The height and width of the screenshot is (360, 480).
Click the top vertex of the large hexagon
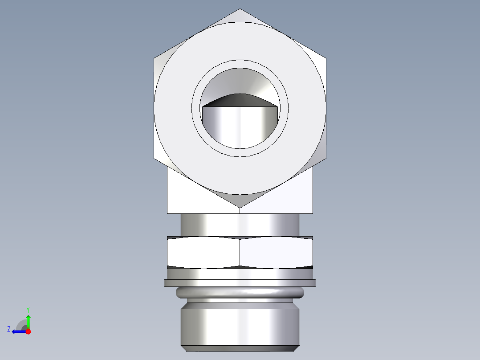click(240, 9)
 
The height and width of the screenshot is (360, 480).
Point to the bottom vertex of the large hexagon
click(240, 207)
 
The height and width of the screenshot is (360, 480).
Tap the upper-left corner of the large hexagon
click(155, 57)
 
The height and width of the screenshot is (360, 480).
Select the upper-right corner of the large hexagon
click(325, 57)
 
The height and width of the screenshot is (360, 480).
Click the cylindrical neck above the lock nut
click(240, 225)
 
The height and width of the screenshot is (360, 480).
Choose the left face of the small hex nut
click(203, 253)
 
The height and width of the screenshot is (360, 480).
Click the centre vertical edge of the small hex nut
click(240, 253)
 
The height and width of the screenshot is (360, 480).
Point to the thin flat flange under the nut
click(240, 283)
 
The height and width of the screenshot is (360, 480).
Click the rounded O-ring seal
click(240, 293)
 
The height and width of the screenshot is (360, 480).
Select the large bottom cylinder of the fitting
click(240, 325)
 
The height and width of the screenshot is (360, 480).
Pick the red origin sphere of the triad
click(28, 331)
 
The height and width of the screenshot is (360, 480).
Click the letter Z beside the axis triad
click(9, 329)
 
